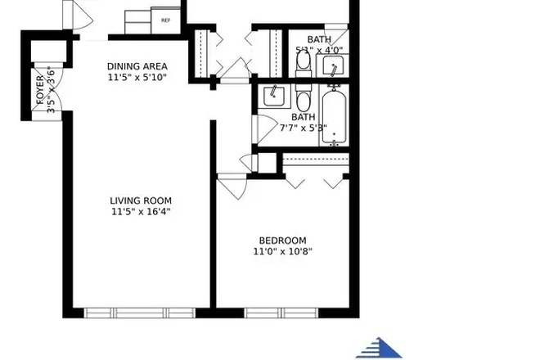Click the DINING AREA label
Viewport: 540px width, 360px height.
[x=137, y=66]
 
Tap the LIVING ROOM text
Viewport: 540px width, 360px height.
[x=141, y=200]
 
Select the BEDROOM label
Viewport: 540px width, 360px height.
[x=282, y=240]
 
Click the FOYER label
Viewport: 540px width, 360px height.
[x=40, y=91]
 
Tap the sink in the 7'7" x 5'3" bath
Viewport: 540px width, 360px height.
[x=272, y=97]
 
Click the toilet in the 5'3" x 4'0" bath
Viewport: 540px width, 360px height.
[x=303, y=61]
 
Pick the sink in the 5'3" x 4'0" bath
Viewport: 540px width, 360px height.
[x=333, y=65]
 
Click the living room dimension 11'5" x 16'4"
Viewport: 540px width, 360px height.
[x=141, y=212]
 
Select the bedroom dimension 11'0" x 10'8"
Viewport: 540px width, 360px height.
[x=282, y=251]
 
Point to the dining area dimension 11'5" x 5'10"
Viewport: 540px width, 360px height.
[x=137, y=78]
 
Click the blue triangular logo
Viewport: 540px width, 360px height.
[x=379, y=348]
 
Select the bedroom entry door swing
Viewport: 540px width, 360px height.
[x=231, y=186]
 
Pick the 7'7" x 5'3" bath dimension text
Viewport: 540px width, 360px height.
[x=303, y=128]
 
